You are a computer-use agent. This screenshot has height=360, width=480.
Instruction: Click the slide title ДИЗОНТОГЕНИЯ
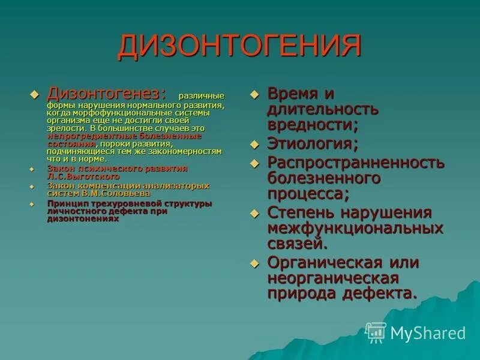click(x=239, y=47)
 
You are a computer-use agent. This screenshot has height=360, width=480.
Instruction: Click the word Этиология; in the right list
click(x=313, y=143)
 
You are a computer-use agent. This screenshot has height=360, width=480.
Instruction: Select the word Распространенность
click(x=356, y=163)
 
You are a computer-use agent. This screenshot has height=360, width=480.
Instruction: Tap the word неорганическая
click(x=333, y=278)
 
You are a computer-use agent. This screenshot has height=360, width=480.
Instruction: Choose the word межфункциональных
click(x=356, y=229)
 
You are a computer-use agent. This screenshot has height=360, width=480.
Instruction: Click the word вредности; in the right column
click(x=313, y=125)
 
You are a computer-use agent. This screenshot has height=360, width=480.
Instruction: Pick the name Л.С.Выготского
click(x=83, y=177)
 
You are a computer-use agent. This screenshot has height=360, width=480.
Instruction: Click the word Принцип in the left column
click(x=65, y=203)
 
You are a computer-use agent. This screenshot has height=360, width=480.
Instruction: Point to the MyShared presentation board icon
click(x=376, y=332)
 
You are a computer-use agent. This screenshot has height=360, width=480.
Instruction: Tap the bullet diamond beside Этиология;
click(x=254, y=145)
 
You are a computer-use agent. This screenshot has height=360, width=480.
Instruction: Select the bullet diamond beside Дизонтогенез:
click(x=34, y=94)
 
